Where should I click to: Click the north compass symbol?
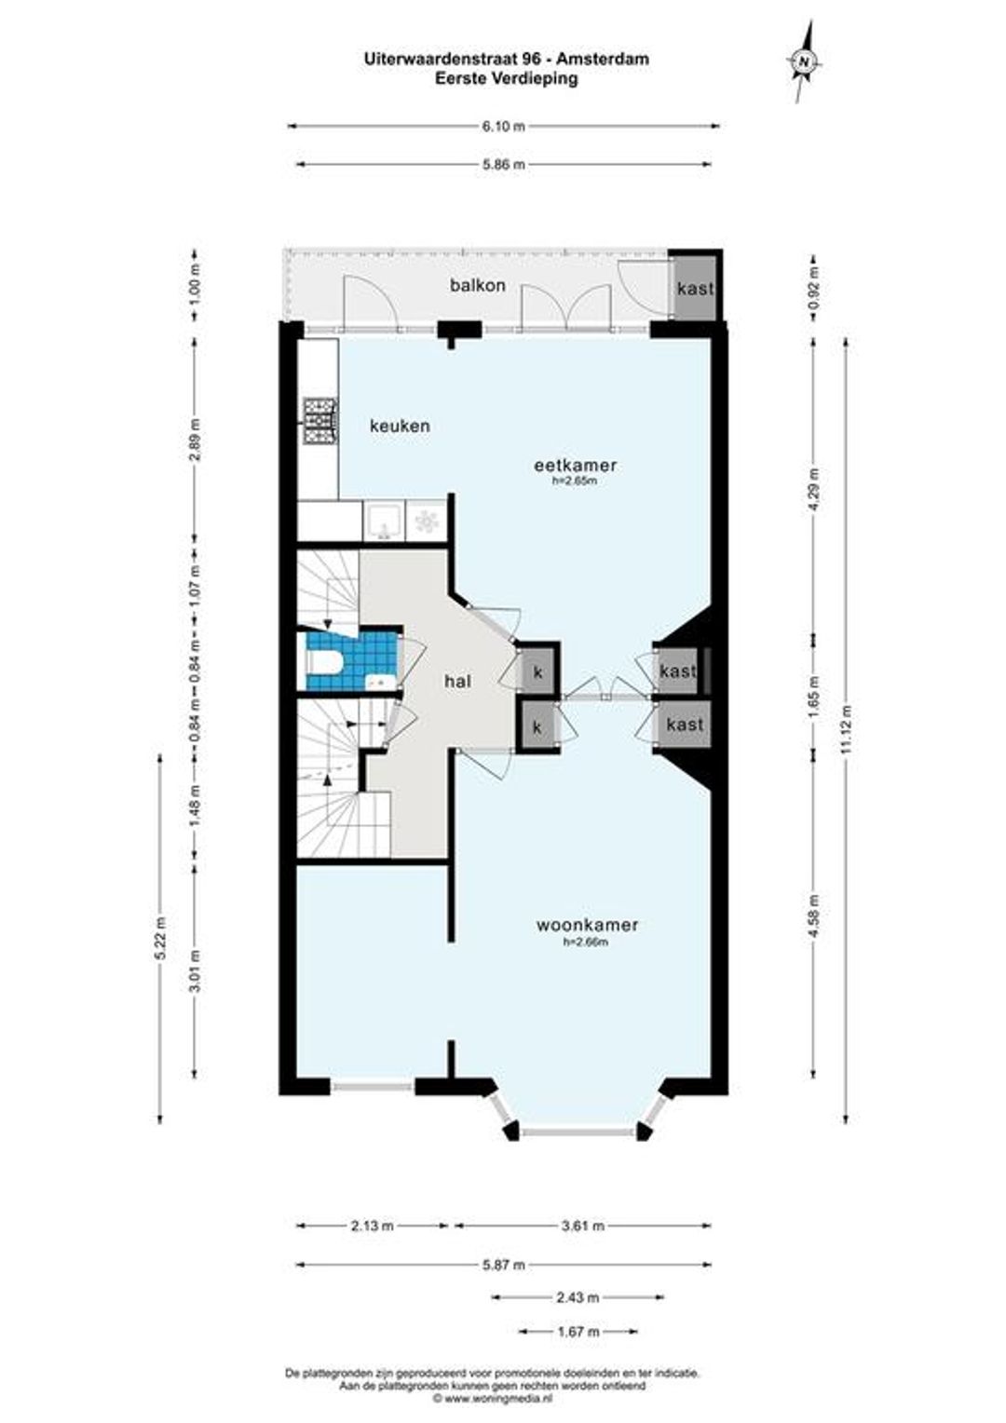coord(805,61)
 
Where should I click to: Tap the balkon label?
coord(477,285)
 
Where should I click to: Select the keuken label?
coord(400,426)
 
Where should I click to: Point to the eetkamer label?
coord(575,465)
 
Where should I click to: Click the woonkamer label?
coord(587,925)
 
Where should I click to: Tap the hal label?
coord(457,682)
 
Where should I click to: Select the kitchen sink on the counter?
coord(384,521)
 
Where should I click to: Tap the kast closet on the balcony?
coord(695,289)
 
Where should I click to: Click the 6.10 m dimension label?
coord(502,127)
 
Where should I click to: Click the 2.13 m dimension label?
coord(372,1226)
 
